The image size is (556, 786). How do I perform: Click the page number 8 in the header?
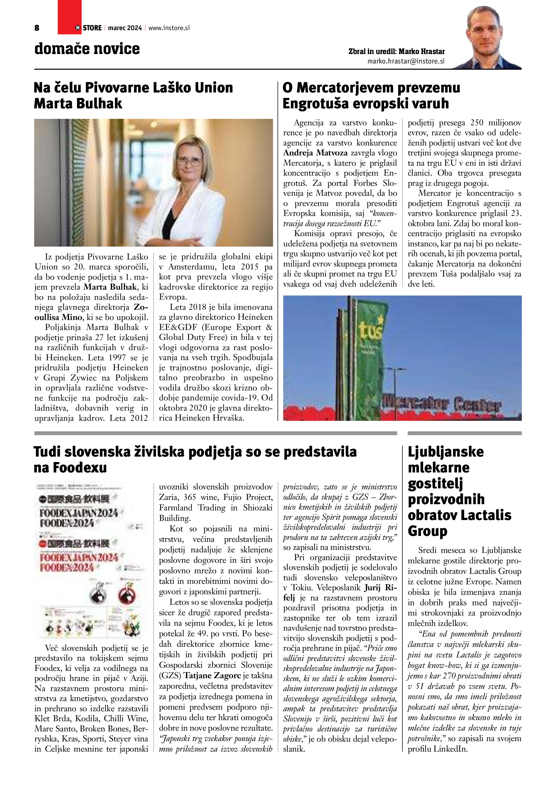tap(37, 28)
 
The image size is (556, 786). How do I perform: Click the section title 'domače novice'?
tap(87, 49)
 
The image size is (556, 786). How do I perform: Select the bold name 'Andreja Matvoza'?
tap(315, 153)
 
